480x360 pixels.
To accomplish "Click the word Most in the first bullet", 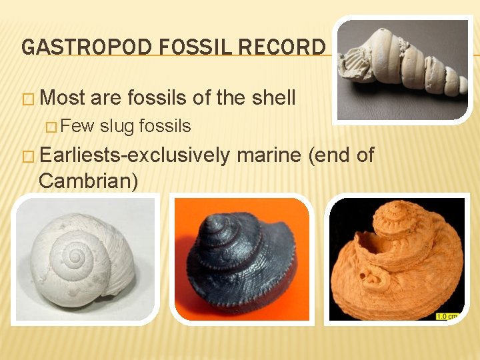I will tap(63, 98).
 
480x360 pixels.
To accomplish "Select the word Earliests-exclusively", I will tap(135, 156).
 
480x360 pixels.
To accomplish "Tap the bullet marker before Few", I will tap(56, 126).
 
